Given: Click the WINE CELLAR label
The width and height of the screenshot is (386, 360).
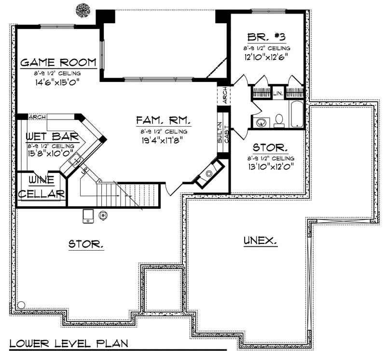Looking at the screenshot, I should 41,187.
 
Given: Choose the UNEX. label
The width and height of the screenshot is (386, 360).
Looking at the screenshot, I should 260,240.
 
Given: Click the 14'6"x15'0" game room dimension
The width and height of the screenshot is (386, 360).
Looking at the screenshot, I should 57,81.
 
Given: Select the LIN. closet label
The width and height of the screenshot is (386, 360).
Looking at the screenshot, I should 278,93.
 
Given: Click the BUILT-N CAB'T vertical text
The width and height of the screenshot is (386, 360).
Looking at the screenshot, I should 222,133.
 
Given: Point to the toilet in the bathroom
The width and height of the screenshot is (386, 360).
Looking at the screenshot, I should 278,120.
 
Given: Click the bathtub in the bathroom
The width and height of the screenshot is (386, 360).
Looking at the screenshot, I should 296,114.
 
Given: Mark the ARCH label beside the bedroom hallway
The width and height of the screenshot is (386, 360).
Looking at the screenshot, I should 225,95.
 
